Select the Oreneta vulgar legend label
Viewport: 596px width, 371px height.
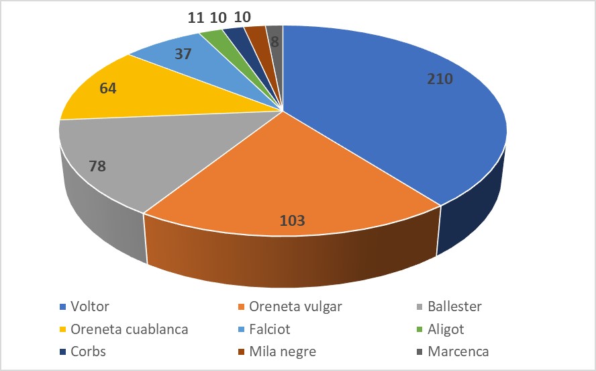(295, 307)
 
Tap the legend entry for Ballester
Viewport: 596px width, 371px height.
(454, 307)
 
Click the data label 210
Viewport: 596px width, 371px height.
(441, 79)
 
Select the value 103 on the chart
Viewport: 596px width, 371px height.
(293, 220)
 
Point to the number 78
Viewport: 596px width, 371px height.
(98, 165)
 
